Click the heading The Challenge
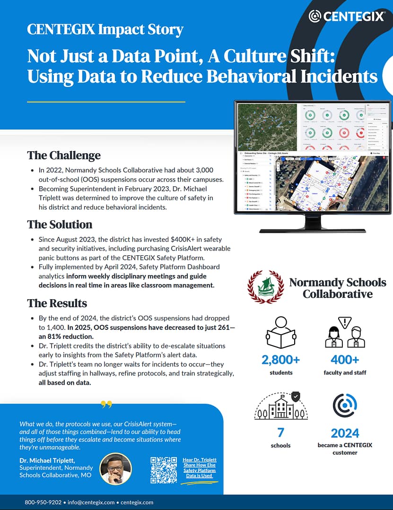tap(64, 155)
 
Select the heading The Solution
tap(60, 224)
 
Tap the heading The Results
tap(57, 303)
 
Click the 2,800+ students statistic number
tap(281, 360)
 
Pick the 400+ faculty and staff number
tap(345, 360)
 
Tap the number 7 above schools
tap(281, 432)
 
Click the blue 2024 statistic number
tap(345, 433)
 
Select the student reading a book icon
tap(281, 332)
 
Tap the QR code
tap(164, 470)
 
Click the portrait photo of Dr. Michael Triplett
tap(116, 468)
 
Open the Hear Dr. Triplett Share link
tap(199, 467)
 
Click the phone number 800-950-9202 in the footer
tap(43, 502)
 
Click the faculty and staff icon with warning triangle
tap(345, 332)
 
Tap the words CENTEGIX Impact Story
tap(105, 30)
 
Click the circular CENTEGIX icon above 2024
tap(345, 406)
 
